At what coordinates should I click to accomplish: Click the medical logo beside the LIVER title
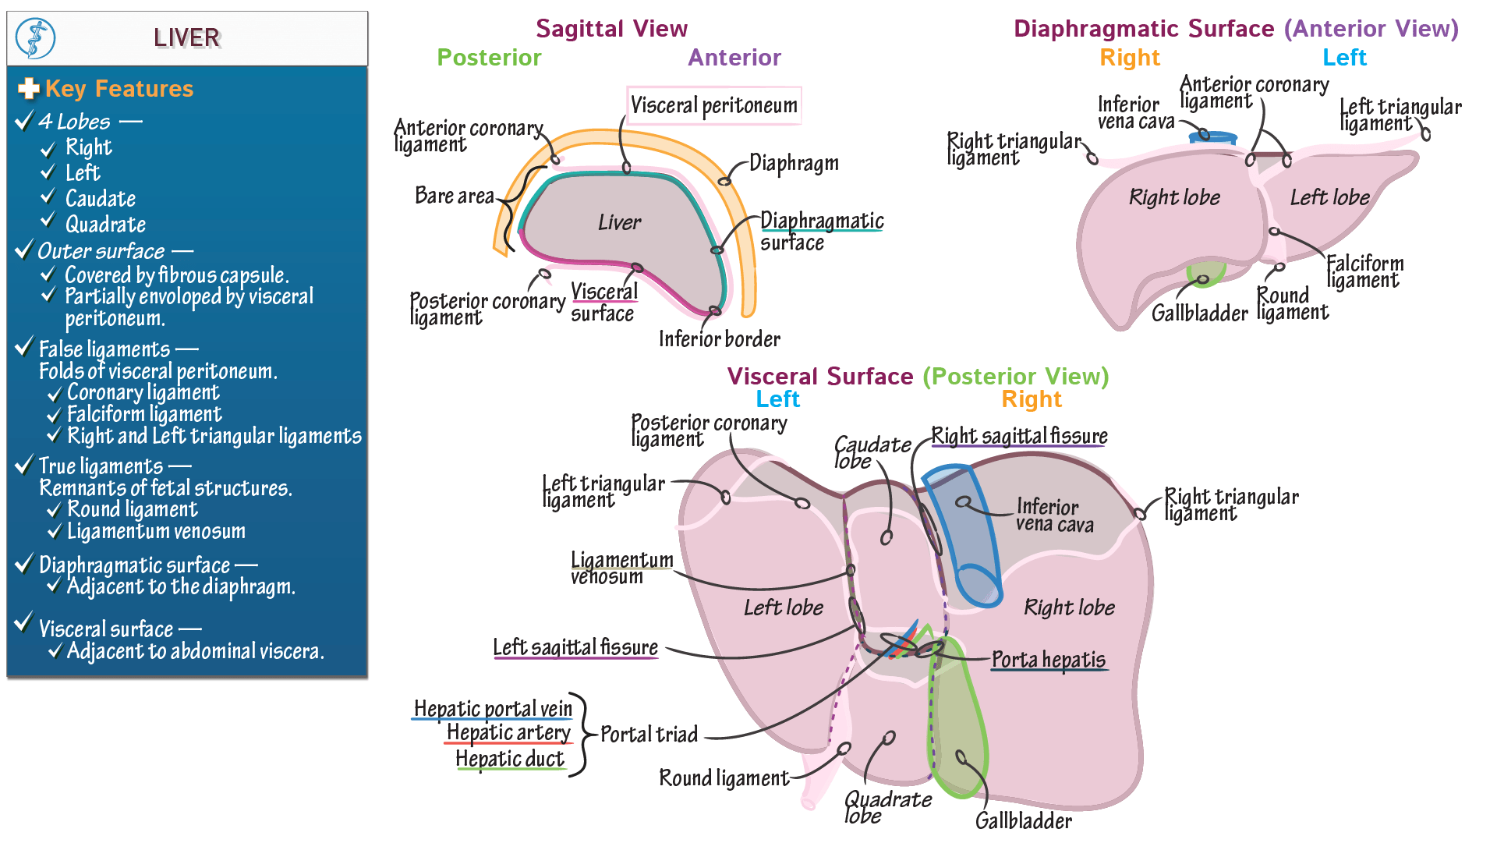[x=36, y=38]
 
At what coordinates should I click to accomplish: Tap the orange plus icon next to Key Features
[x=29, y=89]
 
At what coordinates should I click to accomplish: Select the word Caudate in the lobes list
[x=100, y=199]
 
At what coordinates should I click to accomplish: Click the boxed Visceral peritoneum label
[x=713, y=105]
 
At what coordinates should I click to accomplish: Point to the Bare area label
[x=454, y=195]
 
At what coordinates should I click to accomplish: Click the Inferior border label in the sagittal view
[x=719, y=338]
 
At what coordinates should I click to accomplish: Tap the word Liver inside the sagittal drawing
[x=619, y=223]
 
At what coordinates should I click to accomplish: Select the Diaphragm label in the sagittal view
[x=794, y=163]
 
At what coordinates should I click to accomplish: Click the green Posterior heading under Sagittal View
[x=489, y=58]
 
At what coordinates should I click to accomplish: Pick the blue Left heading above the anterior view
[x=1344, y=58]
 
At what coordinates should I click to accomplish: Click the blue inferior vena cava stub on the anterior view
[x=1212, y=138]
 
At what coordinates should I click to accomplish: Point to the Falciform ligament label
[x=1364, y=271]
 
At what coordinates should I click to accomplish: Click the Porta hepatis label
[x=1048, y=660]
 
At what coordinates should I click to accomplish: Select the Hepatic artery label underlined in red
[x=508, y=733]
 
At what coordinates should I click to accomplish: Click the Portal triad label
[x=649, y=735]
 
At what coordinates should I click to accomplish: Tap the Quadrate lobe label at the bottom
[x=887, y=807]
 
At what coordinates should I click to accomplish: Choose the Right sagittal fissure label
[x=1019, y=436]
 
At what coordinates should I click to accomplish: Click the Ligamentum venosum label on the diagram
[x=621, y=568]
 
